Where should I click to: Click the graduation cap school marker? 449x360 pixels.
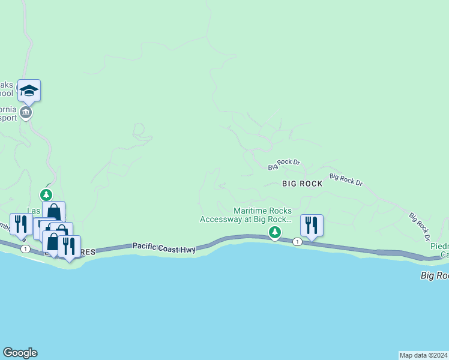(x=29, y=91)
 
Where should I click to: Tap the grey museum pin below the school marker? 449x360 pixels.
(x=25, y=112)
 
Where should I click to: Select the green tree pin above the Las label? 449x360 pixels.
(x=46, y=195)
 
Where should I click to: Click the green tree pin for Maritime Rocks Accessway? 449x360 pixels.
(x=274, y=232)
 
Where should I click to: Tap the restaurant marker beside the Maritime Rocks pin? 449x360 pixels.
(x=311, y=226)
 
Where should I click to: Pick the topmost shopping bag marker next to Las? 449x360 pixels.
(x=53, y=212)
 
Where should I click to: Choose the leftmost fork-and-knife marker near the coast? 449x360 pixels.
(x=21, y=224)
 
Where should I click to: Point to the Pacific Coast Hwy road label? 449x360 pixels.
(x=164, y=246)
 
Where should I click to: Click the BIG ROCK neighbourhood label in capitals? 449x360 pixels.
(x=302, y=185)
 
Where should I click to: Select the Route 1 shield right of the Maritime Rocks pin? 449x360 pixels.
(x=297, y=242)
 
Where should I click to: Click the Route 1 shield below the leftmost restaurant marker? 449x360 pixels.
(x=25, y=248)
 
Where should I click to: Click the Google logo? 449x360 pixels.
(x=20, y=353)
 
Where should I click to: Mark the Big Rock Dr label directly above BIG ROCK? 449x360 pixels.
(x=284, y=162)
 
